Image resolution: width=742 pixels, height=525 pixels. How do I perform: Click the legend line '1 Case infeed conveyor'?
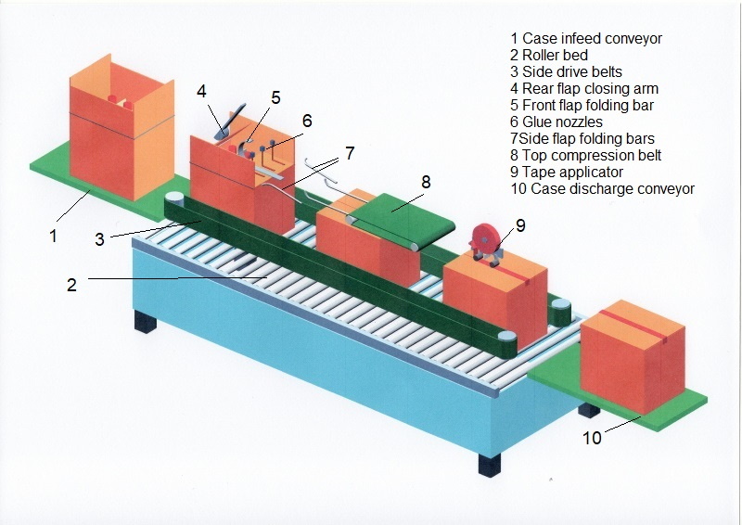pyautogui.click(x=586, y=39)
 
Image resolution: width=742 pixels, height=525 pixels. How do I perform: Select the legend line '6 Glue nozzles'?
pyautogui.click(x=556, y=122)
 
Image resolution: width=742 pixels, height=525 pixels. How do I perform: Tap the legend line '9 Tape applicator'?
pyautogui.click(x=567, y=172)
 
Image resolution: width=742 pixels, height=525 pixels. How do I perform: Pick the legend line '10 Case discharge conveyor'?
pyautogui.click(x=602, y=189)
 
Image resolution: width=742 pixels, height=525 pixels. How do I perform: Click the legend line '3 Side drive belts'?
pyautogui.click(x=567, y=72)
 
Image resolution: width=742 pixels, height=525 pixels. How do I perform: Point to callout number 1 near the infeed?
pyautogui.click(x=53, y=236)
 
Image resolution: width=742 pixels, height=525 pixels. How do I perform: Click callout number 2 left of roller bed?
pyautogui.click(x=70, y=285)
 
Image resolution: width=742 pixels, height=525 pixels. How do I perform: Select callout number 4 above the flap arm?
pyautogui.click(x=200, y=91)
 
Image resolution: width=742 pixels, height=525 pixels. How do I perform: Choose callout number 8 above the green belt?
pyautogui.click(x=426, y=182)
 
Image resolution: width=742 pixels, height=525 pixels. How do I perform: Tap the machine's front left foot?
pyautogui.click(x=147, y=322)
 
